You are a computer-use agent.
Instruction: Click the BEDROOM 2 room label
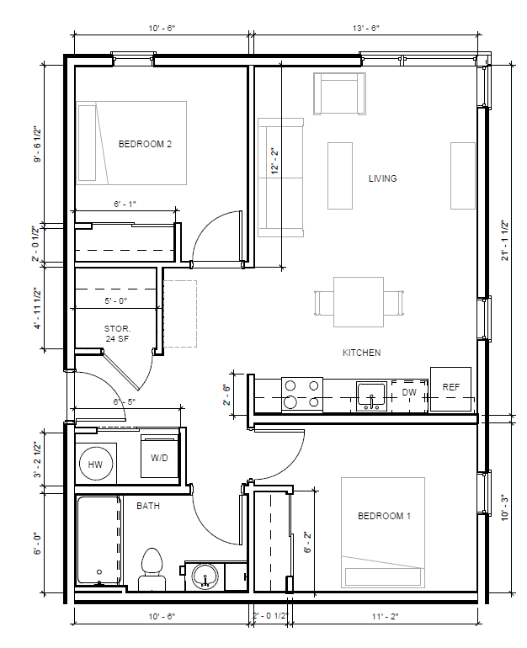[x=145, y=144]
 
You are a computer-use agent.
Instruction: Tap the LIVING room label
[x=382, y=178]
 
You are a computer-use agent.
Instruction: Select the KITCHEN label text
[x=361, y=353]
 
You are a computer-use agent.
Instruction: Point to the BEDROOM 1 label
[x=384, y=516]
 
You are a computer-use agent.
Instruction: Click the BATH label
[x=148, y=506]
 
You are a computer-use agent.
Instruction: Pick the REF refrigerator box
[x=450, y=389]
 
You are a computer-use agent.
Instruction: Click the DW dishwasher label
[x=409, y=392]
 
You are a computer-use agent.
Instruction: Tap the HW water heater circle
[x=95, y=464]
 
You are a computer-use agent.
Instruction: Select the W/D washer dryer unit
[x=160, y=456]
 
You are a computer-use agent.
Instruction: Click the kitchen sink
[x=371, y=396]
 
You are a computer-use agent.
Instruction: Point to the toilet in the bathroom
[x=152, y=570]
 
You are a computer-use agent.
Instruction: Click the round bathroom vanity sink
[x=205, y=576]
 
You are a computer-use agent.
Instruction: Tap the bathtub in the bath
[x=98, y=540]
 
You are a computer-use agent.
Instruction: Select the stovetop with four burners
[x=302, y=395]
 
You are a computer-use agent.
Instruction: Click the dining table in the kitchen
[x=359, y=302]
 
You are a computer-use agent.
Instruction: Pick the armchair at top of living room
[x=340, y=93]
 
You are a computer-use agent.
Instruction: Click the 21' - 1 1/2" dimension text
[x=504, y=241]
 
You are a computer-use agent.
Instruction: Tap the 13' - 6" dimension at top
[x=366, y=29]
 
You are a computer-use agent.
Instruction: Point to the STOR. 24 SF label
[x=117, y=334]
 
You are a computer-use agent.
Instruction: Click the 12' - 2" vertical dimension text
[x=275, y=162]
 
